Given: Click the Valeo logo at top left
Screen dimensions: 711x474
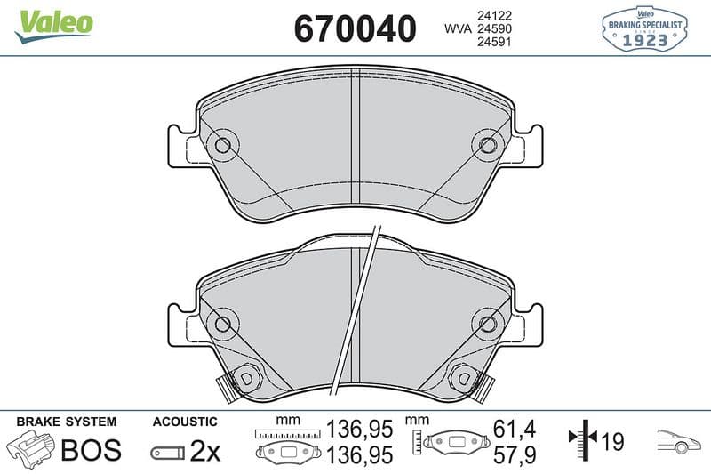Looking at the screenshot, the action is click(54, 27).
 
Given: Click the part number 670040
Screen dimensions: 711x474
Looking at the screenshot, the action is click(355, 28).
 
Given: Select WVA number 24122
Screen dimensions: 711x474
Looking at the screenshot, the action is click(494, 15).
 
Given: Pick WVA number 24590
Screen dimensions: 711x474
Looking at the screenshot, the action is click(494, 28).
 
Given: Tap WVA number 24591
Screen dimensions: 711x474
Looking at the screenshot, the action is click(494, 42).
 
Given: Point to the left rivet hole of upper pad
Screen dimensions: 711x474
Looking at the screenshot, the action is click(223, 145).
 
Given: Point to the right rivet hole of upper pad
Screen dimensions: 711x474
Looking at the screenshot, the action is click(487, 145).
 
